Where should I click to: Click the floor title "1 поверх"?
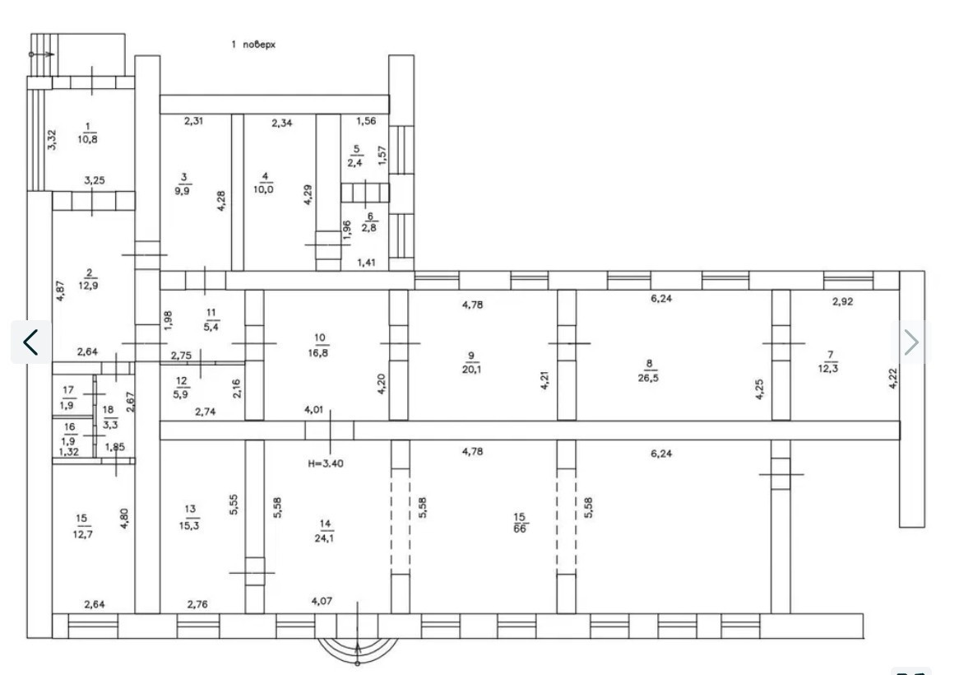[x=253, y=44]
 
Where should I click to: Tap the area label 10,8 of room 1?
[x=87, y=139]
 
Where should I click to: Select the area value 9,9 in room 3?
[x=183, y=190]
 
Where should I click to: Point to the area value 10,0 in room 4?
[x=264, y=189]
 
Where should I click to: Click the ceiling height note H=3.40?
[x=326, y=463]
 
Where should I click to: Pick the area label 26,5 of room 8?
[x=648, y=378]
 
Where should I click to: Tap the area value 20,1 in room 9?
[x=471, y=369]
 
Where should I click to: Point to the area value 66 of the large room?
[x=520, y=528]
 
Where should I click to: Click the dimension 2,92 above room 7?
[x=843, y=301]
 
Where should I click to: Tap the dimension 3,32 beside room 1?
[x=53, y=140]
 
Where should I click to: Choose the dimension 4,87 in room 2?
[x=60, y=291]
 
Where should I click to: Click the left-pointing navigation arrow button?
[x=30, y=342]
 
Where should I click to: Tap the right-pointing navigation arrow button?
[x=911, y=342]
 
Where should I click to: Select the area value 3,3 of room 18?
[x=110, y=424]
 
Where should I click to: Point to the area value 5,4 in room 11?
[x=211, y=326]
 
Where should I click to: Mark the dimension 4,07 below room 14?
[x=322, y=601]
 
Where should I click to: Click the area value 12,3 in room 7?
[x=828, y=368]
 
